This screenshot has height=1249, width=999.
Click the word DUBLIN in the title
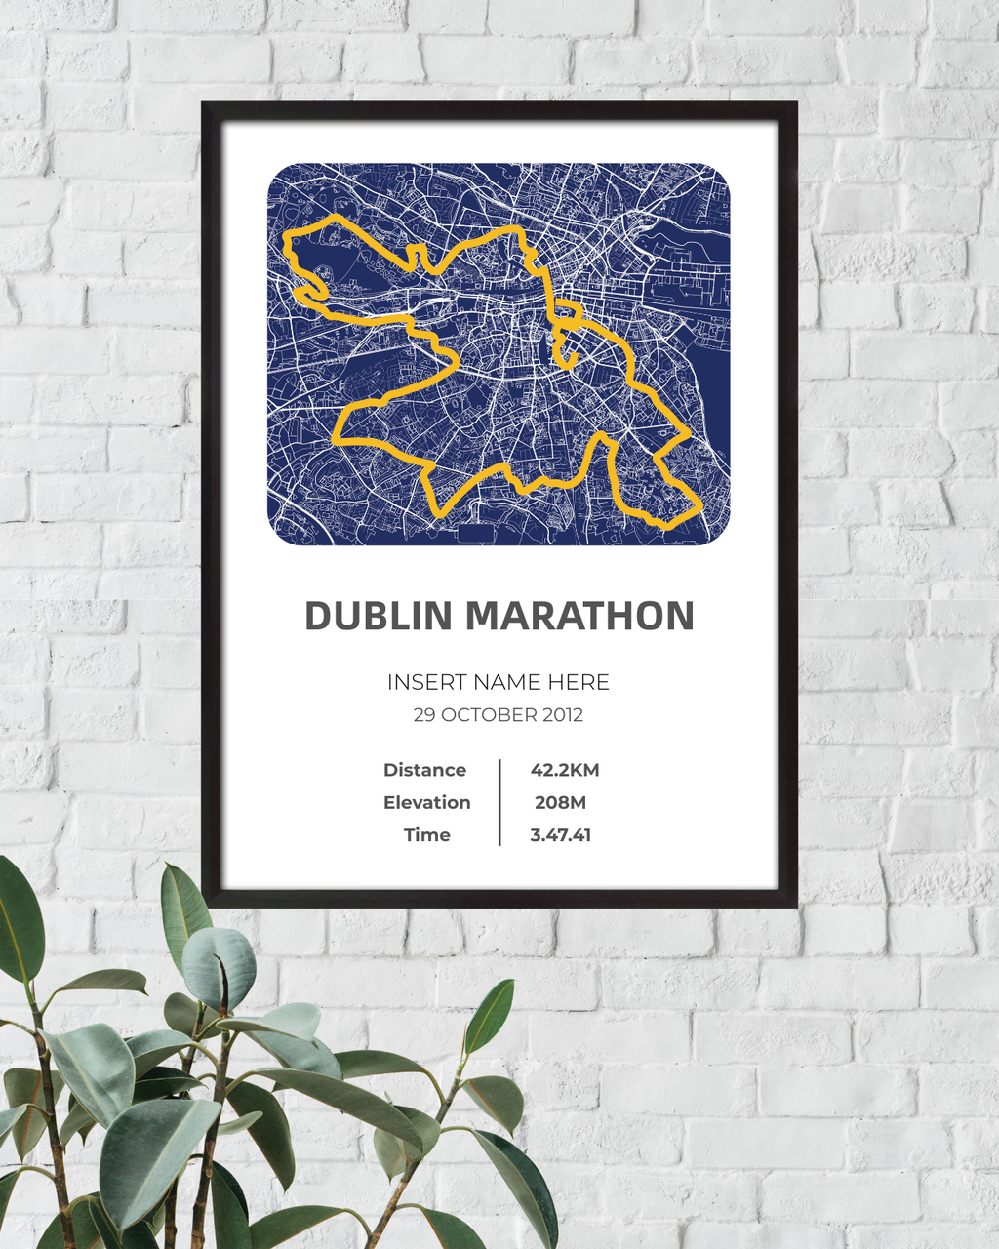point(379,617)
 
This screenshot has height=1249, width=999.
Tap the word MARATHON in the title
point(579,617)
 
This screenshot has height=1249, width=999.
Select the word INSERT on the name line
point(422,683)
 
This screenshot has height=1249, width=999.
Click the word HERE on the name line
point(579,683)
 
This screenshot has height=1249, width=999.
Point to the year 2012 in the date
point(562,715)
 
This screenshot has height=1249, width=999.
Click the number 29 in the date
point(424,715)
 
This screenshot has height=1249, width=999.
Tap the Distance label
point(424,770)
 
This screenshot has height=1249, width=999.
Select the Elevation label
point(426,802)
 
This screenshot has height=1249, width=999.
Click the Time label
point(427,835)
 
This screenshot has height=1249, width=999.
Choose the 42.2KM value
point(565,770)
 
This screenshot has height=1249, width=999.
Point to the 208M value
point(561,802)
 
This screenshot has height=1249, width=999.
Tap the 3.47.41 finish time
point(561,835)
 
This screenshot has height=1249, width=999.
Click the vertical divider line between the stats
point(499,802)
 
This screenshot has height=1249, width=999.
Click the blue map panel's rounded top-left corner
point(276,173)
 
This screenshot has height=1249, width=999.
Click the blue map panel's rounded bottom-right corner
point(721,536)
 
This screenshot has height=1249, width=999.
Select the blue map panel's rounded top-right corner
point(721,173)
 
